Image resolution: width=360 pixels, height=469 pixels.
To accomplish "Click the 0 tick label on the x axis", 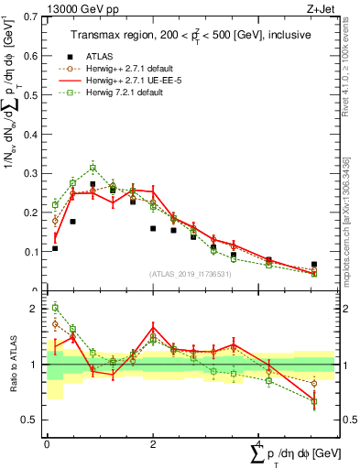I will click(x=47, y=442).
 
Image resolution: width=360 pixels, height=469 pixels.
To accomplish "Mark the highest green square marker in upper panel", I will click(x=93, y=168).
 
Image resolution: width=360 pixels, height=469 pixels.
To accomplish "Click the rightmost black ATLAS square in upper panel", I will click(x=314, y=265).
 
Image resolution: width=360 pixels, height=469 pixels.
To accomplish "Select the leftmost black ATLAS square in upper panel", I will click(x=55, y=248).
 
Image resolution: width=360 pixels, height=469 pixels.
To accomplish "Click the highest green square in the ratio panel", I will click(x=55, y=308).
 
